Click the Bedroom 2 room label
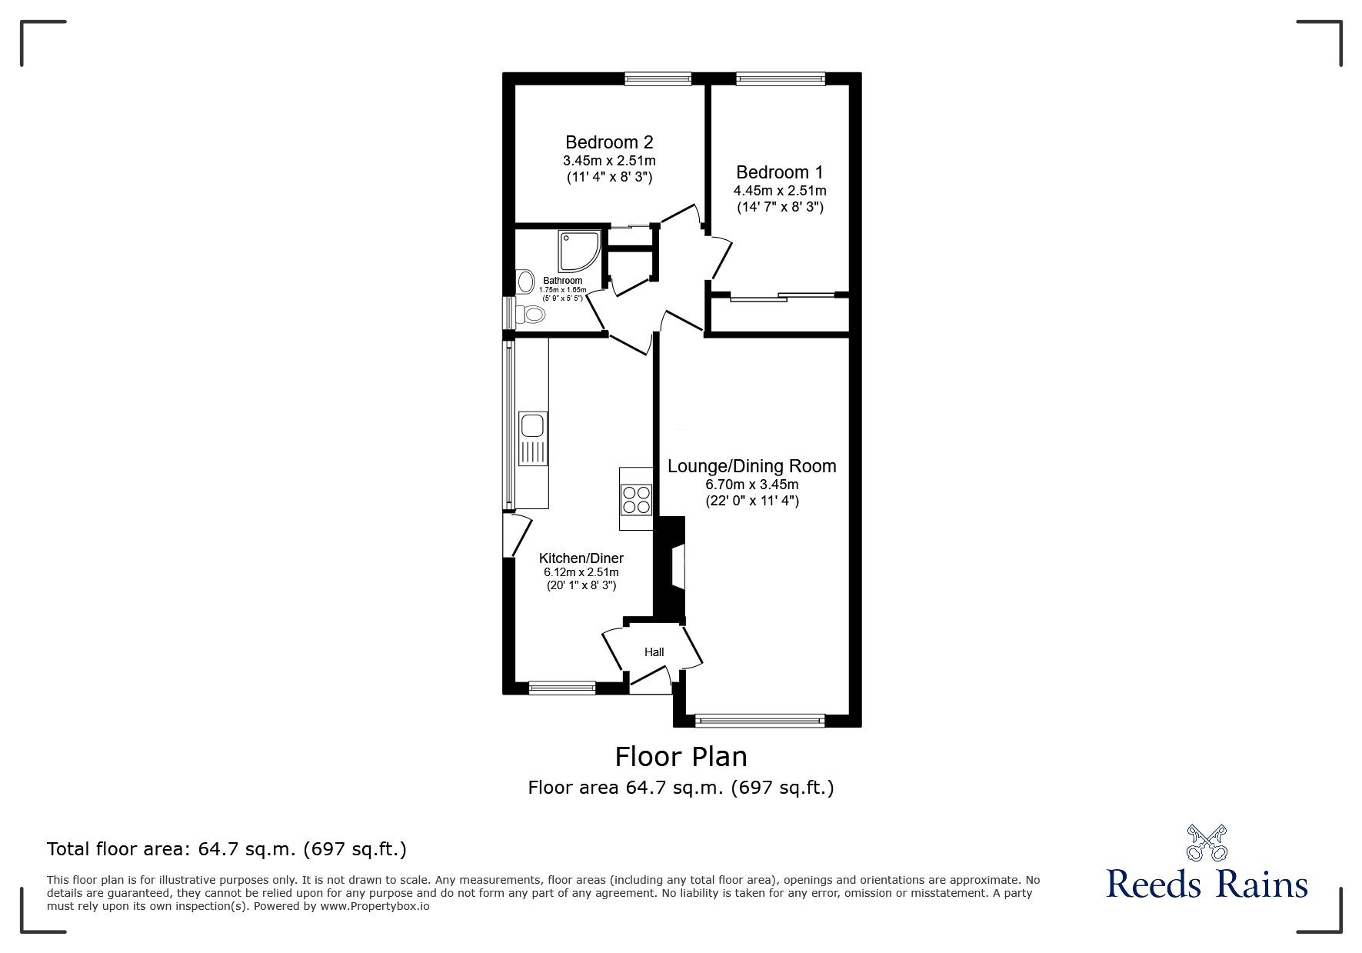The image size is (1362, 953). pos(609,142)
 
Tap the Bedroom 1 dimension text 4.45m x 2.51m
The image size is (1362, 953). pos(780,191)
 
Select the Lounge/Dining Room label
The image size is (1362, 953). pos(751,466)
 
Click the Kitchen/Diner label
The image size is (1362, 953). pos(581,558)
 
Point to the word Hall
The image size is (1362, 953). pos(654,652)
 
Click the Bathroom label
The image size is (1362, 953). pos(562,281)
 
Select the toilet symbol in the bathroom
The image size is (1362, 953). pos(531,314)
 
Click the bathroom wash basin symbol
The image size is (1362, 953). pos(527,282)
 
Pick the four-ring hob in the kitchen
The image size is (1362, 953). pos(636,500)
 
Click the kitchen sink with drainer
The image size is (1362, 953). pos(532,438)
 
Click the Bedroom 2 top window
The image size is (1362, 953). pos(658,78)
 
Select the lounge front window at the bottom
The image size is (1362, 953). pos(760,721)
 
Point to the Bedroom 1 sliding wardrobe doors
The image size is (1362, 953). pos(781,296)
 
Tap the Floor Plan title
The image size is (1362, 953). pos(681,757)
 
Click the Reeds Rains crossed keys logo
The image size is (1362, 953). pos(1207,843)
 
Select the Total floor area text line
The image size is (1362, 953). pos(227,849)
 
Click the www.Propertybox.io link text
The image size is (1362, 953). pos(375,906)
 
